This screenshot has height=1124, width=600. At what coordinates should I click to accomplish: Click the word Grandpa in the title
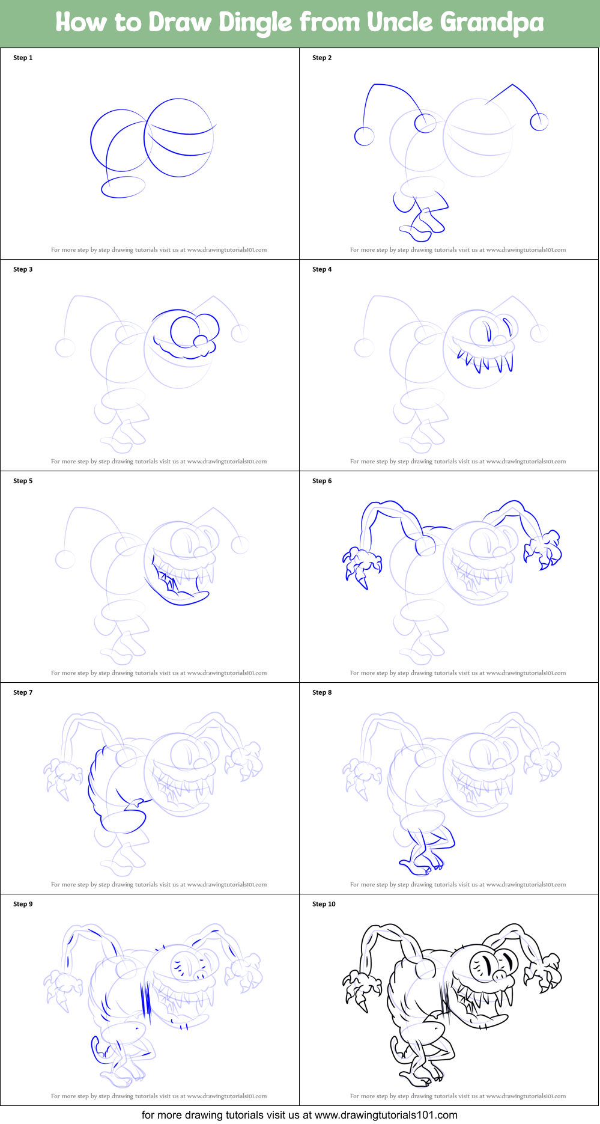click(492, 23)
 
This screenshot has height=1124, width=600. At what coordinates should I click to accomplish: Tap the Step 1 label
click(23, 58)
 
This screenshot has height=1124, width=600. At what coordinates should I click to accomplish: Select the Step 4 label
click(322, 269)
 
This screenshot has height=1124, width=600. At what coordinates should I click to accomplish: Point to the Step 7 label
click(23, 692)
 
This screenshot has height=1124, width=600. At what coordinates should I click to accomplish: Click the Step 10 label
click(324, 904)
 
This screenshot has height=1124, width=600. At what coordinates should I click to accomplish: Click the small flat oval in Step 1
click(123, 187)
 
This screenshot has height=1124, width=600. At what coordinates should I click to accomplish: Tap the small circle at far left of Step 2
click(364, 136)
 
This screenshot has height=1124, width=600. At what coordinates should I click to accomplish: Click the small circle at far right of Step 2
click(539, 122)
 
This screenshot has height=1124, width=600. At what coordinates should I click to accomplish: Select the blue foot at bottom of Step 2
click(420, 227)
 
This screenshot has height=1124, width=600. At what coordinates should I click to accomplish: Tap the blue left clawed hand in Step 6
click(362, 565)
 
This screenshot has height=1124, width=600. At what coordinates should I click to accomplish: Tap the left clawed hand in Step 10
click(362, 989)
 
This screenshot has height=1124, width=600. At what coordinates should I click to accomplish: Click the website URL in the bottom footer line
click(386, 1115)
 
